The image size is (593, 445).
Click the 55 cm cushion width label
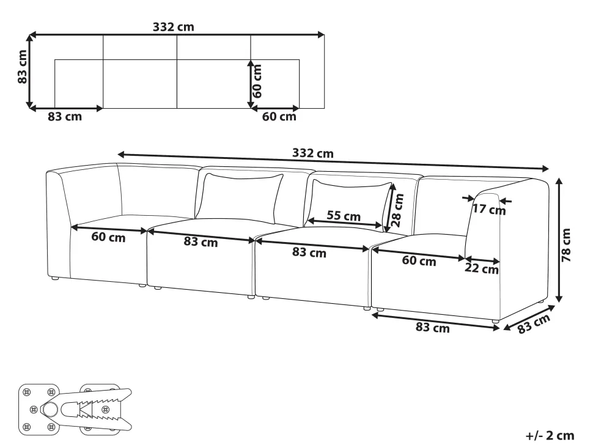[344, 216]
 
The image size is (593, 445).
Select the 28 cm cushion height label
[398, 210]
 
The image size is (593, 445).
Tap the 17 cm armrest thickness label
[489, 209]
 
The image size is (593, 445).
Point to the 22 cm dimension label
[482, 268]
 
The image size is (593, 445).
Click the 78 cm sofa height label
[565, 245]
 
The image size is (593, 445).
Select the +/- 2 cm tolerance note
[550, 436]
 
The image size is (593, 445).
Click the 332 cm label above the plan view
[173, 27]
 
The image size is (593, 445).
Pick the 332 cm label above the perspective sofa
[313, 153]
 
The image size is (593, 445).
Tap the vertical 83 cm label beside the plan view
[23, 67]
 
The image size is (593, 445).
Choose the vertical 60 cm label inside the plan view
[257, 81]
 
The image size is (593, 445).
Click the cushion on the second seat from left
[239, 198]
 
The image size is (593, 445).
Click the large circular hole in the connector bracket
[49, 410]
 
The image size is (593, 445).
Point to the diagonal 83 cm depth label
[533, 323]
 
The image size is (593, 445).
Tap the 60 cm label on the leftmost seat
[108, 237]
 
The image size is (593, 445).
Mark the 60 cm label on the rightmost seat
[419, 260]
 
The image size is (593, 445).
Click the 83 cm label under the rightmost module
[433, 328]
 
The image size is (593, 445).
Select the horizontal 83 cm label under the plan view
[65, 117]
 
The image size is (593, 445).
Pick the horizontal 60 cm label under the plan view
[279, 117]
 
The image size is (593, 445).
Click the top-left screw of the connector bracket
[26, 392]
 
